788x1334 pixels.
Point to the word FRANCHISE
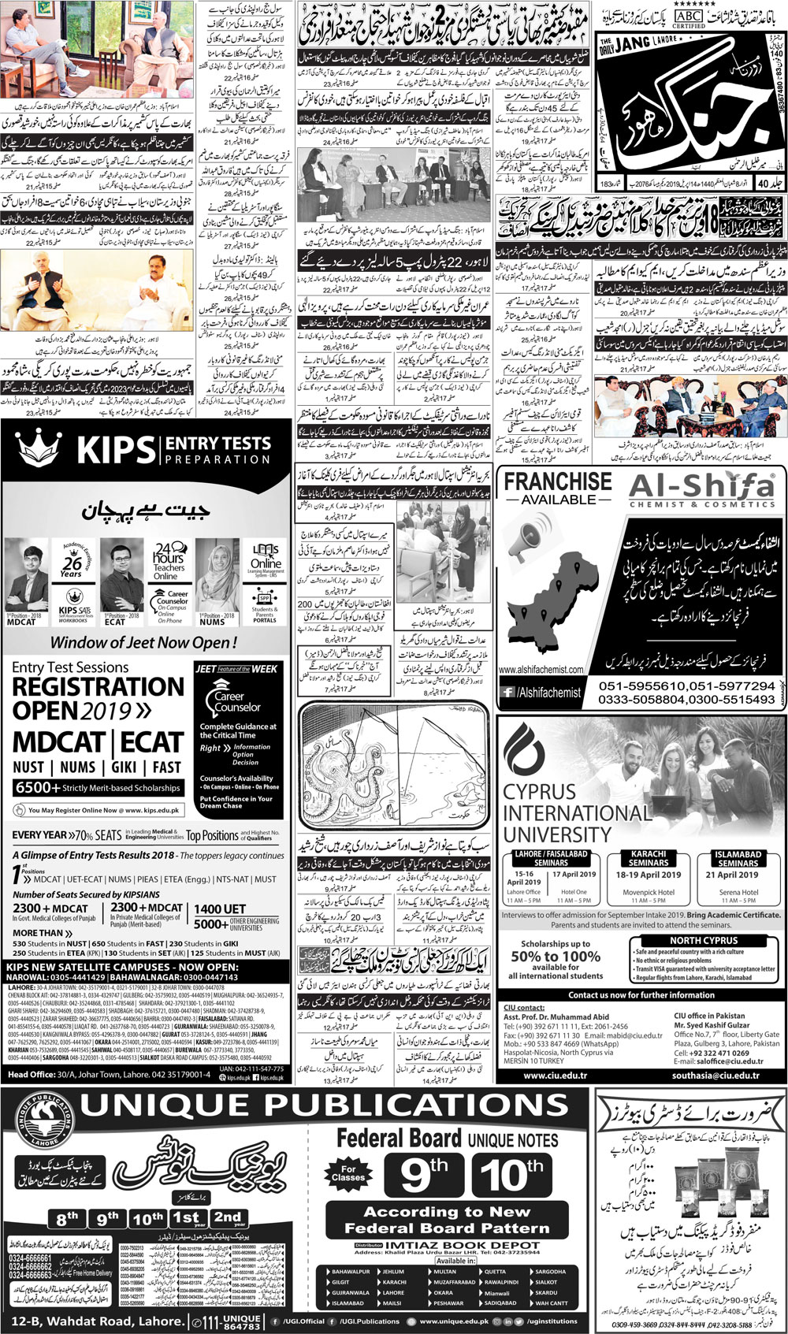click(557, 481)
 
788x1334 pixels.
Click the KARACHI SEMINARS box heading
click(649, 858)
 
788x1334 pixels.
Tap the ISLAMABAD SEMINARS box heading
click(738, 858)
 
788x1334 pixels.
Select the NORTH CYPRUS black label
click(704, 941)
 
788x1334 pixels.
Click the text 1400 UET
click(220, 909)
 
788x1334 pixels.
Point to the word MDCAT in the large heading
click(60, 742)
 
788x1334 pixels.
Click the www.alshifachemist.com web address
click(541, 670)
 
